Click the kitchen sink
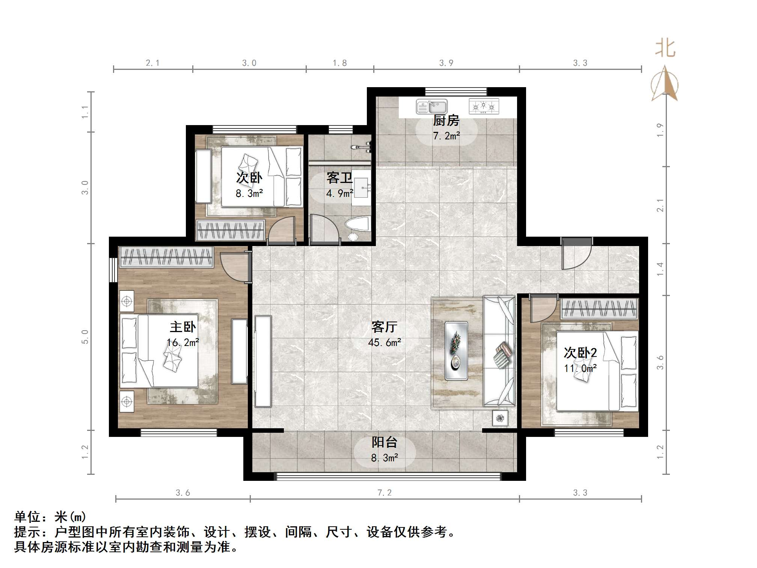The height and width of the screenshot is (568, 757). (x=431, y=107)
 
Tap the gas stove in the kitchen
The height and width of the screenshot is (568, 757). (x=484, y=106)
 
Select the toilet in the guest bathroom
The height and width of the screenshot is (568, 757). (x=357, y=228)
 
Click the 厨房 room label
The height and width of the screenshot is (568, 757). (x=446, y=121)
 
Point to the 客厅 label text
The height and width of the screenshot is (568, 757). (x=384, y=327)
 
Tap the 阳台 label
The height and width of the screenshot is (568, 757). (x=384, y=442)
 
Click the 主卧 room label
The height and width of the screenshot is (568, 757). (x=183, y=327)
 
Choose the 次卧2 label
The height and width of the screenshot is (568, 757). (x=580, y=353)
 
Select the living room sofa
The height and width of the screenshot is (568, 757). (x=499, y=351)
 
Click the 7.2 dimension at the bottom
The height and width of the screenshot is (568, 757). (x=384, y=492)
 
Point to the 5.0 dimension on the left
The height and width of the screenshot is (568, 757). (x=85, y=337)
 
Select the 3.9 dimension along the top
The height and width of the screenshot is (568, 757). (x=446, y=63)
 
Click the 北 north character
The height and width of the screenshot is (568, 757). (x=665, y=49)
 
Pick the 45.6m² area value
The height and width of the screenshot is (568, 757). (x=385, y=342)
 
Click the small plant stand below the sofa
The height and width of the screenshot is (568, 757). (x=500, y=418)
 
